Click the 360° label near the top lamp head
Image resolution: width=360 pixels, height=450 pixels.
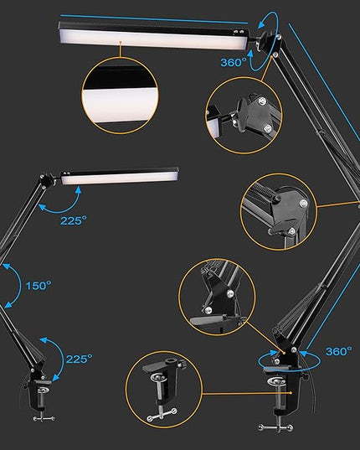tap(234, 62)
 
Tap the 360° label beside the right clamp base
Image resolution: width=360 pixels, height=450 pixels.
tap(339, 351)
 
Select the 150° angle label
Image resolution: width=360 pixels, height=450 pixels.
tap(39, 286)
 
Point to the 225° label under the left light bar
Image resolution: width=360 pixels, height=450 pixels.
tap(73, 220)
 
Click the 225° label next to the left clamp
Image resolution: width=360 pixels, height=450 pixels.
tap(79, 359)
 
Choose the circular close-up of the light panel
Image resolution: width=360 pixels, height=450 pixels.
tap(120, 96)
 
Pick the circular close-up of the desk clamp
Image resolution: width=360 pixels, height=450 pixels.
tap(163, 390)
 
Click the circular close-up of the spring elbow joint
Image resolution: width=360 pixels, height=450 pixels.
tap(279, 211)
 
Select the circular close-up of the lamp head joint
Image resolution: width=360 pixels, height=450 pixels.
tap(244, 115)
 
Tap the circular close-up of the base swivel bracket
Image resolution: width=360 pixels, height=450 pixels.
tap(217, 297)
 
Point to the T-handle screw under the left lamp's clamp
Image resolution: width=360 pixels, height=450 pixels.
tap(44, 418)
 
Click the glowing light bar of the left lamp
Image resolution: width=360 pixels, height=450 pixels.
tap(119, 178)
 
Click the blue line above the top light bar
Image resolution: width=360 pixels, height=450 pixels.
tap(154, 19)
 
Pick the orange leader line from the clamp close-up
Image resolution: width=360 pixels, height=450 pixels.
tap(247, 393)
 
